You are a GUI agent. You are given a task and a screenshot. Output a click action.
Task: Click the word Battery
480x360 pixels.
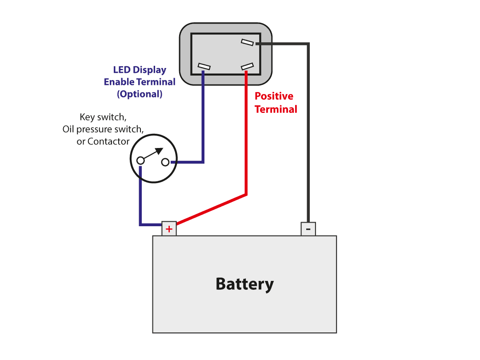click(244, 284)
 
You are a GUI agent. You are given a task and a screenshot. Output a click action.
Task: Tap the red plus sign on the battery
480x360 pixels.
click(169, 229)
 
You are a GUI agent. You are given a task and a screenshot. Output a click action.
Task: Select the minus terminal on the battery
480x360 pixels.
click(308, 229)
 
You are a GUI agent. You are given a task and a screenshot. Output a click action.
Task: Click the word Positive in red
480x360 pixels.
click(274, 96)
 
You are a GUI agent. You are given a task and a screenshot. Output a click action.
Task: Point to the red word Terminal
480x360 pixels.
click(276, 109)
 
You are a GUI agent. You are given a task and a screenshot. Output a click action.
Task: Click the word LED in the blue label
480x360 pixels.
click(122, 70)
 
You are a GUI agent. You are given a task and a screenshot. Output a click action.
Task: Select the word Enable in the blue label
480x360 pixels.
click(119, 82)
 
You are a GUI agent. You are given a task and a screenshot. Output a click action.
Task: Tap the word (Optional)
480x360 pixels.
click(140, 94)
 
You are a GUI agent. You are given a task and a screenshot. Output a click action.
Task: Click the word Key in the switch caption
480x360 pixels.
click(88, 117)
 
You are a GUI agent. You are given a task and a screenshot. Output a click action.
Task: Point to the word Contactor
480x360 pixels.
click(108, 141)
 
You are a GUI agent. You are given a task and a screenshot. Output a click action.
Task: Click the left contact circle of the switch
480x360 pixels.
click(140, 160)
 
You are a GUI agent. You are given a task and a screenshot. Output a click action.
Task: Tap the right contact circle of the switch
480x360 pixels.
click(165, 162)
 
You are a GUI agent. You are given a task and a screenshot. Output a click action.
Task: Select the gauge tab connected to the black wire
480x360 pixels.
click(247, 42)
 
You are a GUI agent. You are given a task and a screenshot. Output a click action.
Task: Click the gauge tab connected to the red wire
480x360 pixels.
click(247, 67)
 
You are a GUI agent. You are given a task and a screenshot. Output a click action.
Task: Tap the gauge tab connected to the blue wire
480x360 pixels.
click(204, 67)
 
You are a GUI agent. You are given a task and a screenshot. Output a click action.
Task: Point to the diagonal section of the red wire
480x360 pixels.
click(211, 209)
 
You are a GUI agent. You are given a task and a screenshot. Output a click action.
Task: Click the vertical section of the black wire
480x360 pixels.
click(308, 133)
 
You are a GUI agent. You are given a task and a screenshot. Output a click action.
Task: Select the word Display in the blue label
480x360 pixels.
click(149, 70)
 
